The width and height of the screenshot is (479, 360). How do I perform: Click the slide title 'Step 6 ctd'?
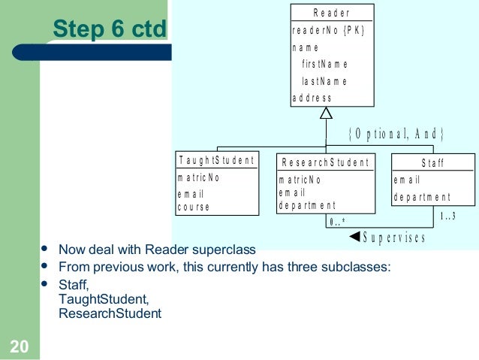point(108,29)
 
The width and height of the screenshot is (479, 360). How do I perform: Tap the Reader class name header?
point(331,13)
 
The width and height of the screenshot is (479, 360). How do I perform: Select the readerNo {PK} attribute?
point(328,31)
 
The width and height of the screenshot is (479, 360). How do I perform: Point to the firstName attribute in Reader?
point(324,65)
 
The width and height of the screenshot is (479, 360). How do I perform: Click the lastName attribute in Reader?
point(324,81)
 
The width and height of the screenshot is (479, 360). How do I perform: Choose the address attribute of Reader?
point(312,98)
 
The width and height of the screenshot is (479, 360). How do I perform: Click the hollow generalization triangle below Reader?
point(326,113)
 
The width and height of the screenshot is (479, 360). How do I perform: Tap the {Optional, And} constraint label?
point(397,134)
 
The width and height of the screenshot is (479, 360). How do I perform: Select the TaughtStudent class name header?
point(216,161)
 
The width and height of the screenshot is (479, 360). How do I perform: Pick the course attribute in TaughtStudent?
point(193,207)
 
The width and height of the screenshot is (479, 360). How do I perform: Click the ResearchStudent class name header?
point(326,162)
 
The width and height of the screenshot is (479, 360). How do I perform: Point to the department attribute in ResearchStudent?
point(307,205)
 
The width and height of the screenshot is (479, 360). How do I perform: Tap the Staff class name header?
point(432,162)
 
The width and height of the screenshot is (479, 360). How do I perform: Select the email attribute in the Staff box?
point(407,180)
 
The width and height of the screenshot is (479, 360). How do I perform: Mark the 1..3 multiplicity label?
point(447,216)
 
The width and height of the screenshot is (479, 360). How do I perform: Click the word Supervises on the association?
point(394,238)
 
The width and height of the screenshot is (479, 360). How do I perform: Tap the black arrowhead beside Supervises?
point(355,237)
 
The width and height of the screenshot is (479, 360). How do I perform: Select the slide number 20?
point(19,346)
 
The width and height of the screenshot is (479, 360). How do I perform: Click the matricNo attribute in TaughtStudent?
point(198,179)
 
